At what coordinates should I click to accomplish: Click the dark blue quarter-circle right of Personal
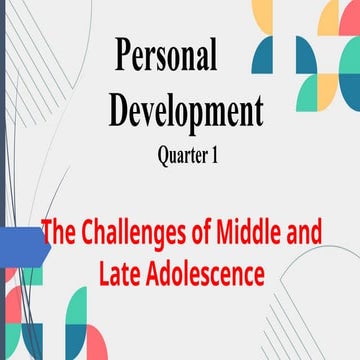coord(262,56)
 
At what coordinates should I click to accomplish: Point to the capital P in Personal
coord(124,57)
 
